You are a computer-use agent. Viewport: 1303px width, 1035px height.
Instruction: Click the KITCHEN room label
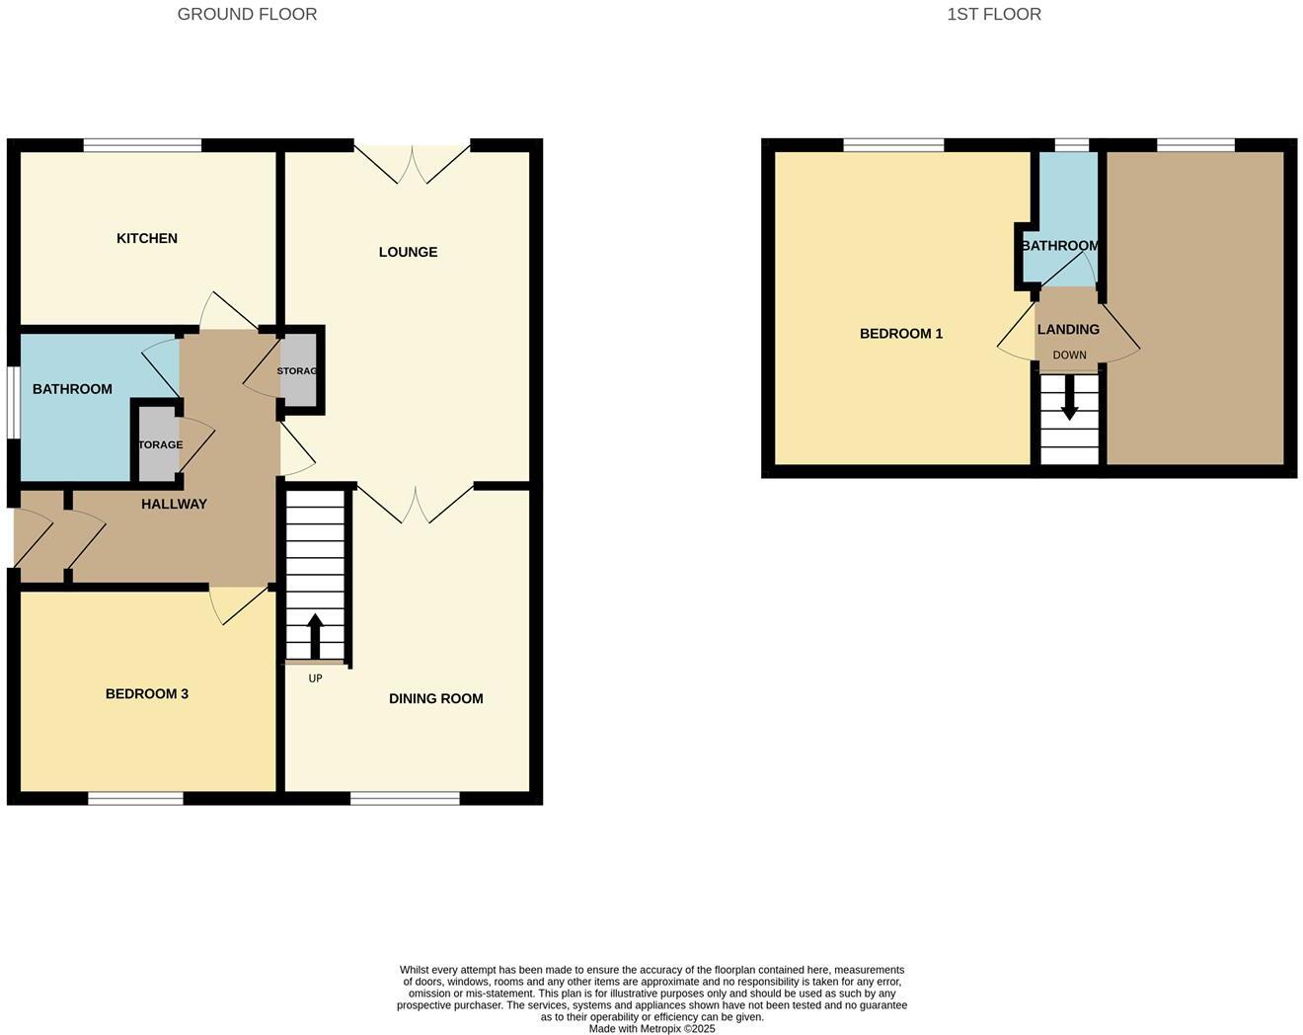(x=147, y=238)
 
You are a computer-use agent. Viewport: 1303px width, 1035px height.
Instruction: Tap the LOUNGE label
(x=408, y=252)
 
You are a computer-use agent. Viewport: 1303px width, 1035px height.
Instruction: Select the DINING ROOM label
(x=435, y=698)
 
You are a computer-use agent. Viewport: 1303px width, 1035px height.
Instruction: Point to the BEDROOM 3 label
(x=147, y=693)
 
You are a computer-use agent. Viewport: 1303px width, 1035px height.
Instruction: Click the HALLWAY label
(x=174, y=504)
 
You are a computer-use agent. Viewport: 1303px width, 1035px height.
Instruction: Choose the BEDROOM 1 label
(x=901, y=333)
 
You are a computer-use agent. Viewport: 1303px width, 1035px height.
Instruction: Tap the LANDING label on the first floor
(x=1068, y=329)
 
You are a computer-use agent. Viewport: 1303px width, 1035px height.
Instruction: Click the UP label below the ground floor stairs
(x=315, y=678)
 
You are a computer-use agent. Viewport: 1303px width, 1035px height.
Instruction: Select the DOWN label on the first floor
(x=1069, y=356)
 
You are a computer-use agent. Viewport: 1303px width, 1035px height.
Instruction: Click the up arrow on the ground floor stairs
(x=315, y=636)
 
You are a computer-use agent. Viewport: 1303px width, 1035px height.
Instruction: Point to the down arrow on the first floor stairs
(x=1069, y=399)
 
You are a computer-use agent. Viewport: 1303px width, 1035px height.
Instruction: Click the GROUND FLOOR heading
(x=247, y=14)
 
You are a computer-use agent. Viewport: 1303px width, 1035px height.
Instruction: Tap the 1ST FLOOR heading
(x=994, y=14)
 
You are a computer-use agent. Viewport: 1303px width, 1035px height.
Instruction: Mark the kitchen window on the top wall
(x=143, y=145)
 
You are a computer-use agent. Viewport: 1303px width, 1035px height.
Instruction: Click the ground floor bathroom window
(x=14, y=402)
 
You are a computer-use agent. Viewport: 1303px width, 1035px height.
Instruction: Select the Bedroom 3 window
(x=135, y=798)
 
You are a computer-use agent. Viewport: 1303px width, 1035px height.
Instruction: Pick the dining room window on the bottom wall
(x=405, y=798)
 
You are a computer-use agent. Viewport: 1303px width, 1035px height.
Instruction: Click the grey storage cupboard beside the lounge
(x=299, y=370)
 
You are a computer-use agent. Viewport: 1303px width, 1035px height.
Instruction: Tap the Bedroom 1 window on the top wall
(x=893, y=145)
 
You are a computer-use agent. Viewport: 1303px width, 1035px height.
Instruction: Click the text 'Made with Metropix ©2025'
(x=651, y=1028)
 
